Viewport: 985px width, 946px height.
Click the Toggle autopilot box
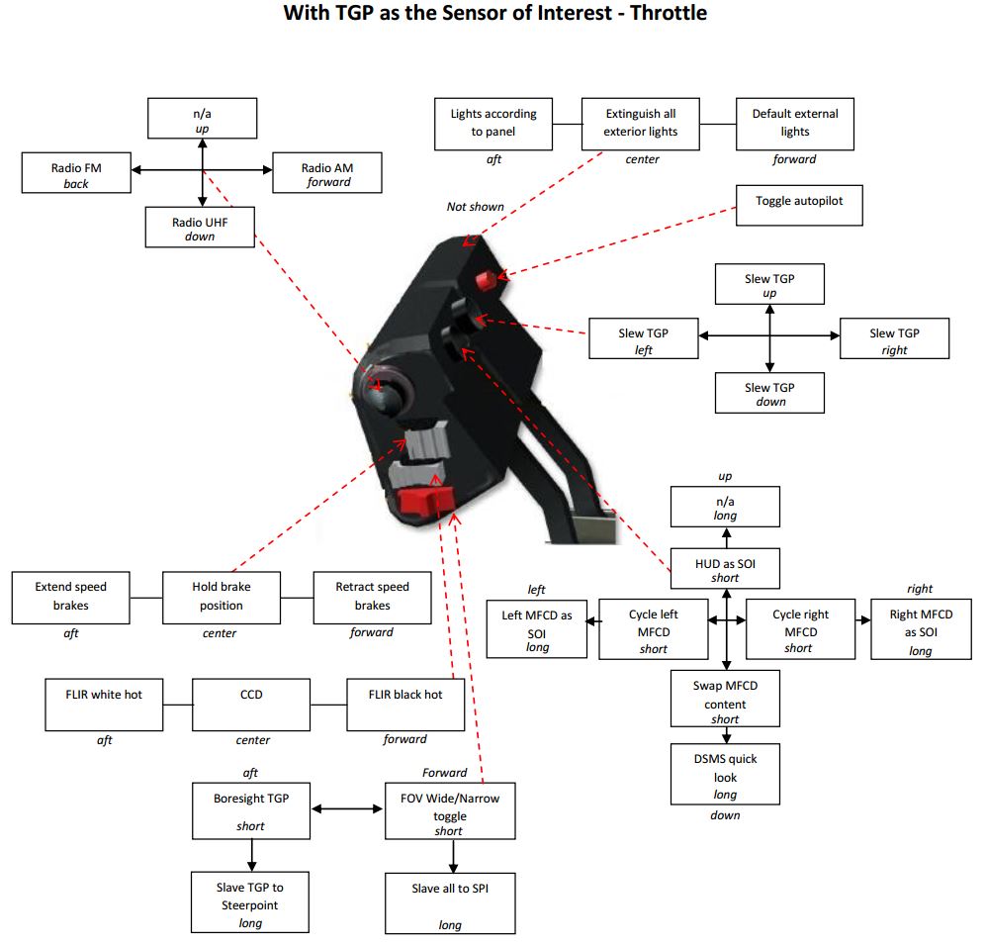tap(799, 205)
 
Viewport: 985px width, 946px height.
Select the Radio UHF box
tap(200, 228)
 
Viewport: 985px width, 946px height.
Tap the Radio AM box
tap(326, 173)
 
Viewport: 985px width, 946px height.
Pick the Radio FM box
tap(76, 173)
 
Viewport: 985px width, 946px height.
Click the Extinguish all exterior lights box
tap(640, 124)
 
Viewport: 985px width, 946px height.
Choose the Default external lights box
tap(795, 124)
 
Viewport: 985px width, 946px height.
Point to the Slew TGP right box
tap(894, 338)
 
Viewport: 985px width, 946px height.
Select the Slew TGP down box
tap(769, 393)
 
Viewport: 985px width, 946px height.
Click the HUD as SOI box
tap(725, 569)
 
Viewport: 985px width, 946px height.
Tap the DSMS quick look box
tap(725, 775)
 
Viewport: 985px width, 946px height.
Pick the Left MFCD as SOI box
tap(536, 628)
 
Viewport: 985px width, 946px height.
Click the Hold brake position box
tap(222, 598)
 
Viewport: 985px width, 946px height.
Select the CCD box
tap(250, 705)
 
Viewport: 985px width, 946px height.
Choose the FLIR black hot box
tap(405, 705)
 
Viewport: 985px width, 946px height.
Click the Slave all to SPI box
tap(450, 903)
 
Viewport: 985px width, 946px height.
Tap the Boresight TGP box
tap(250, 810)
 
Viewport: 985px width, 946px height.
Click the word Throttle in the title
tap(669, 13)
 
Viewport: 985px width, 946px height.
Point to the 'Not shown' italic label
tap(475, 207)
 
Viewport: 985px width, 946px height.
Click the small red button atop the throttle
tap(485, 280)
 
